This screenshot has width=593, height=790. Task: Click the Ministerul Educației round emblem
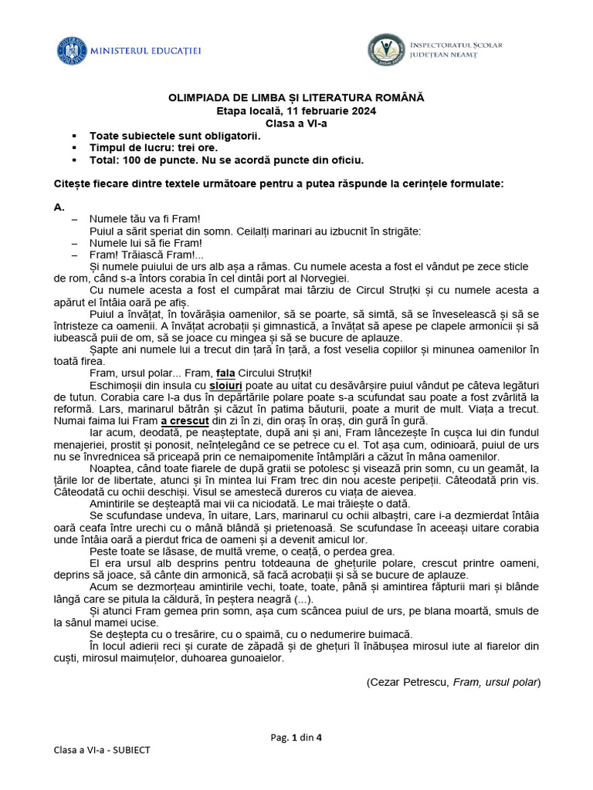click(72, 50)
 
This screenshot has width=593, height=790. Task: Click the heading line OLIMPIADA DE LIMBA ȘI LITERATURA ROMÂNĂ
click(296, 99)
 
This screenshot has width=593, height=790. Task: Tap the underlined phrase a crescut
click(185, 421)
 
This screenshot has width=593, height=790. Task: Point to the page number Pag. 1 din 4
click(296, 737)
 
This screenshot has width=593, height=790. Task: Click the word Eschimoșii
click(116, 384)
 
